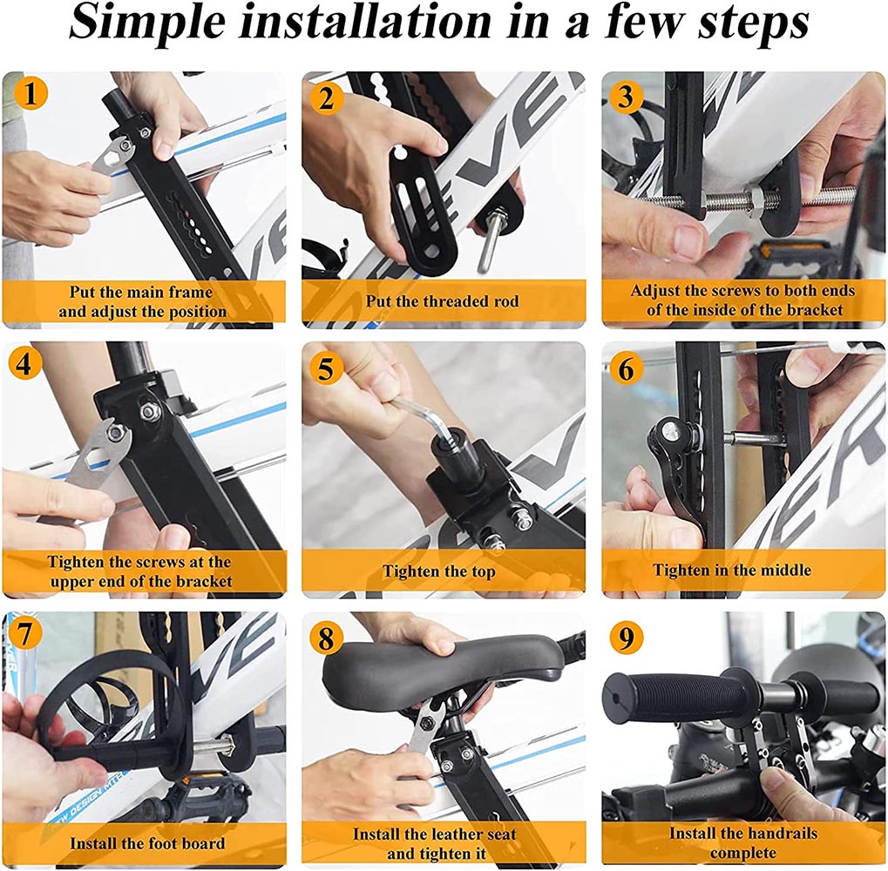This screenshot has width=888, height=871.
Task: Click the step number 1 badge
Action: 30,92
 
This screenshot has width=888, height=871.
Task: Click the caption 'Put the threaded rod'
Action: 443,301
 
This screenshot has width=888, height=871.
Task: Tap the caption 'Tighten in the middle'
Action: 732,571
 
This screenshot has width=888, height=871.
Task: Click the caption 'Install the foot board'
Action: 147,843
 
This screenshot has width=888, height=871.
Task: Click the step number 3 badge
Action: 625,97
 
